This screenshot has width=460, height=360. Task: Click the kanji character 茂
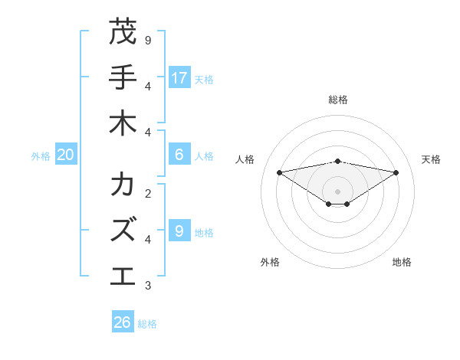coord(123,32)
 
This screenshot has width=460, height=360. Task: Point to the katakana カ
coord(123,185)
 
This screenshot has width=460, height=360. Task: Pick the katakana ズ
coord(123,230)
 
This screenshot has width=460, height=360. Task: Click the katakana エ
coord(123,276)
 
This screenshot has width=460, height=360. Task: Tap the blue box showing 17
coord(179,77)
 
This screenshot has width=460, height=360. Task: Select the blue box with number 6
coord(179,154)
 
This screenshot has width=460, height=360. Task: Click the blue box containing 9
coord(179,230)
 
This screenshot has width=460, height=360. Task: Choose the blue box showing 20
coord(66,154)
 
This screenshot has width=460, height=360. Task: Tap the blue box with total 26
coord(123,322)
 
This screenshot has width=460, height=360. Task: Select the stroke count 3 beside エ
coord(148,285)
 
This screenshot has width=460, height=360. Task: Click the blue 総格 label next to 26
coord(147,324)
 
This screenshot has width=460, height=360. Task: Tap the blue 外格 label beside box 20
coord(41,155)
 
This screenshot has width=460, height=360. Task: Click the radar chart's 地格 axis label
coord(402,262)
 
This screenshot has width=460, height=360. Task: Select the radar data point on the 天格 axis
coord(396,172)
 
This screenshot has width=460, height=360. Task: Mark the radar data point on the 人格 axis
coord(279,172)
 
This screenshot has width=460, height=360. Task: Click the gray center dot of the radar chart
coord(337,191)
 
